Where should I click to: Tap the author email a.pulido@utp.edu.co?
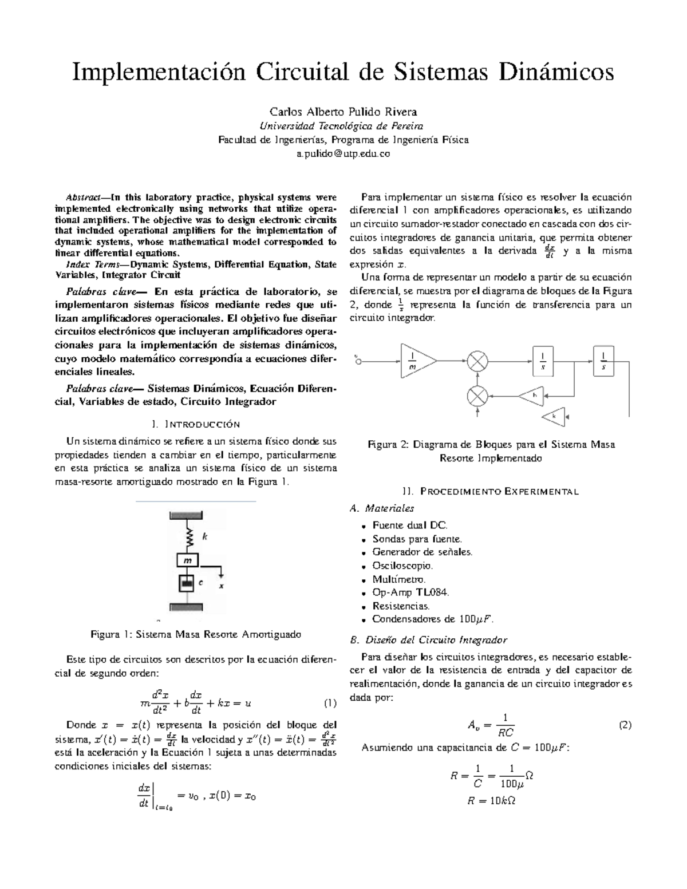coord(343,154)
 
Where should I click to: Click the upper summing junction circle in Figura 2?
coord(477,361)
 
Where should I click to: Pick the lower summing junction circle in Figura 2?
coord(477,396)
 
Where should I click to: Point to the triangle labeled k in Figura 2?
coord(554,416)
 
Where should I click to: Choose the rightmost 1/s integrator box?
coord(603,361)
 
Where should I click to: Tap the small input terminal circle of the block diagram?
coord(359,361)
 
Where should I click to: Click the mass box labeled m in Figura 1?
coord(187,560)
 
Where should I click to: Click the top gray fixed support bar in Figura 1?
coord(187,515)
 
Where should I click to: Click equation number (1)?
coord(330,703)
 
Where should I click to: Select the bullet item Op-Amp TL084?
coord(410,592)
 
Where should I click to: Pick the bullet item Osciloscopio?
coord(402,566)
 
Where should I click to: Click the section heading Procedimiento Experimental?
coord(491,491)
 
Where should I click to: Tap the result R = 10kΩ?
coord(491,801)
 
